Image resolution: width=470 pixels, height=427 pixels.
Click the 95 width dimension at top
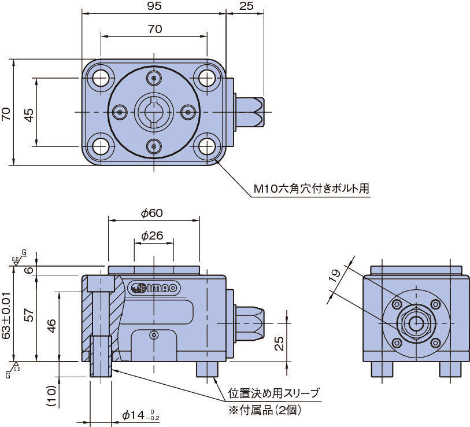(154, 7)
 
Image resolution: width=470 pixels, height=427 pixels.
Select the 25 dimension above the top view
(246, 7)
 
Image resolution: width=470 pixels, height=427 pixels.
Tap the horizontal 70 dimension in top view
(154, 29)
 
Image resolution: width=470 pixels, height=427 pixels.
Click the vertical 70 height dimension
(6, 112)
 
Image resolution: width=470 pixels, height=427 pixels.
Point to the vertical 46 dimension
(51, 326)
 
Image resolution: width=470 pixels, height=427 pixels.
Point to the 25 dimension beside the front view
(279, 344)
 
